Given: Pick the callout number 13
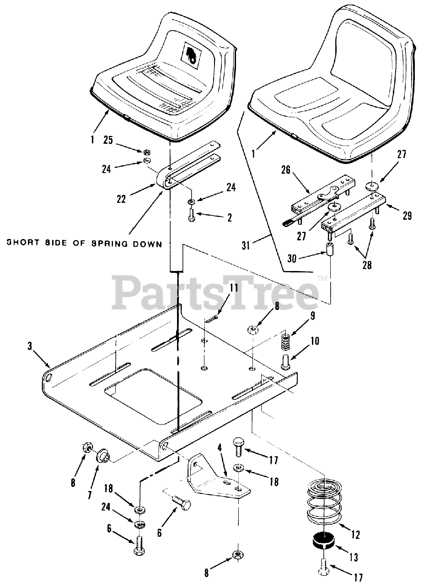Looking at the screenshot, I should tap(353, 557).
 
